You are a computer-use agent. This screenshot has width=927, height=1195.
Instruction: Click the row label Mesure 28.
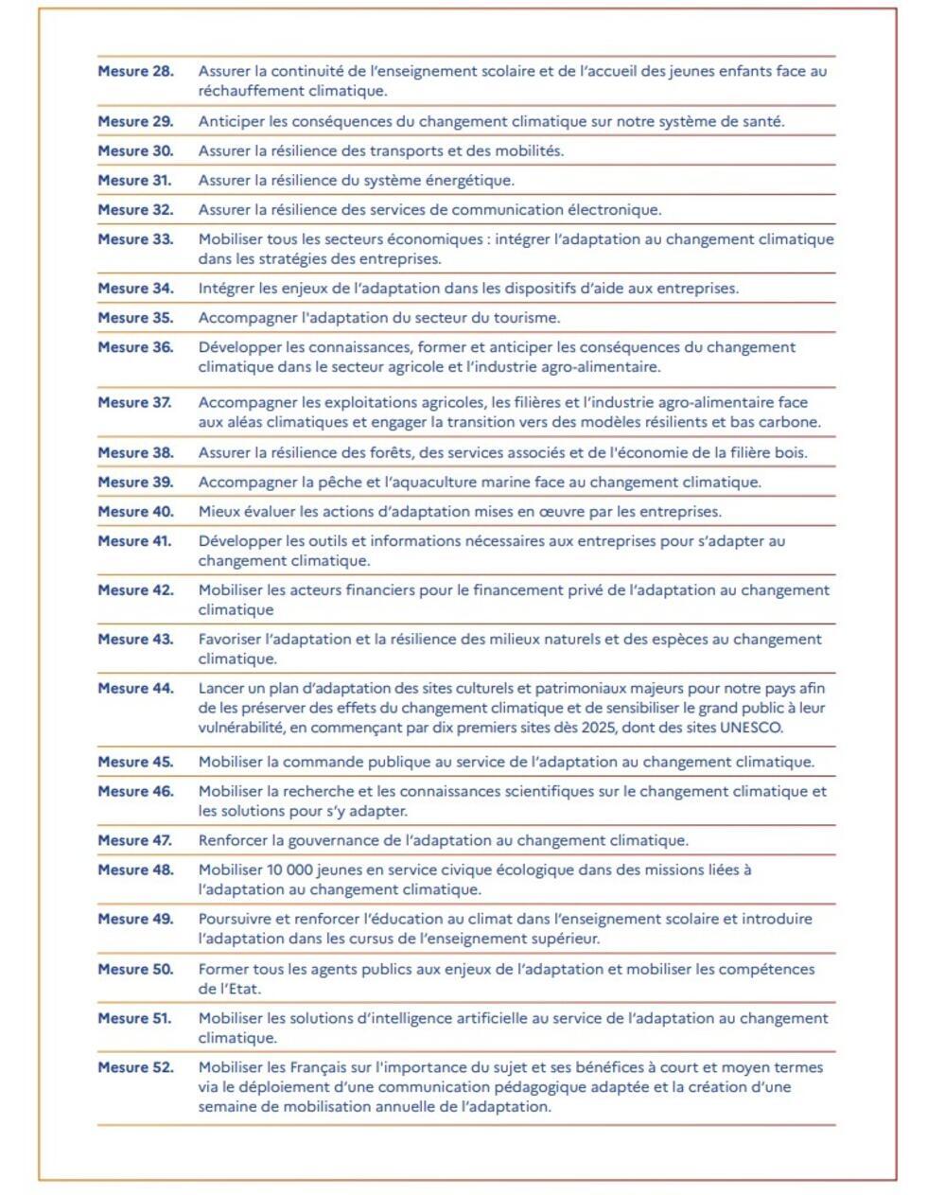point(135,71)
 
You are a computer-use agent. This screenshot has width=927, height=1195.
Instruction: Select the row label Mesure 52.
point(135,1067)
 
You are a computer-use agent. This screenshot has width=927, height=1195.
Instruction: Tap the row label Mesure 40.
point(135,512)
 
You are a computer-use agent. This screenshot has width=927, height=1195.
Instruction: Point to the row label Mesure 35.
point(135,318)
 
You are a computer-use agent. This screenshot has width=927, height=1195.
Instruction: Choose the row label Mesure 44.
point(135,689)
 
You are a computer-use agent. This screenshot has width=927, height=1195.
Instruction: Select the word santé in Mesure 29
point(761,121)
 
